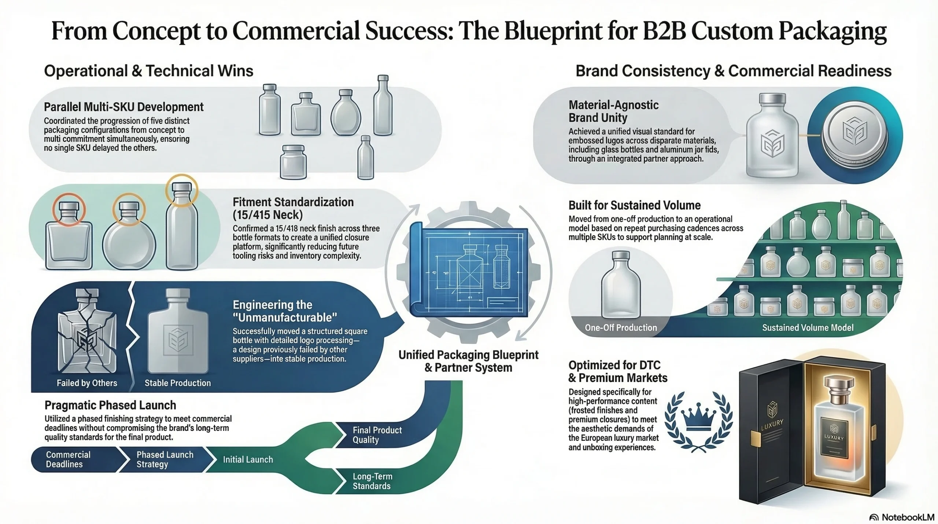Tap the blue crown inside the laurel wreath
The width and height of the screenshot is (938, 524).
[698, 419]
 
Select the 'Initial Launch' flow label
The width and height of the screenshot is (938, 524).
[248, 459]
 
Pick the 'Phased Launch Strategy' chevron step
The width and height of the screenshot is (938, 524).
[165, 459]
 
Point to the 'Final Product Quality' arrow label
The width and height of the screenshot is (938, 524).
[377, 435]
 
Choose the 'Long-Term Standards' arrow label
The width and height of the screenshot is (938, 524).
[372, 481]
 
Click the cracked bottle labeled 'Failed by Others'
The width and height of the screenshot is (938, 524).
[87, 332]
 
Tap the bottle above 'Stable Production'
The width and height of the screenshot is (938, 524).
[178, 332]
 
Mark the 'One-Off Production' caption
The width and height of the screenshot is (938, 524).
[621, 327]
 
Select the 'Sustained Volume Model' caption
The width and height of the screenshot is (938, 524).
[808, 327]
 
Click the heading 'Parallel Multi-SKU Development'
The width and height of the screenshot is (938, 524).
[123, 107]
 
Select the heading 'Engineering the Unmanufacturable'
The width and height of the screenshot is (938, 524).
[285, 311]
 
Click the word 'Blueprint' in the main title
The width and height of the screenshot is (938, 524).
[553, 31]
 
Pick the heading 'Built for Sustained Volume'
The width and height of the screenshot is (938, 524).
[634, 205]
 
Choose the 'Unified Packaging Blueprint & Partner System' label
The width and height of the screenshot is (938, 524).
[468, 361]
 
